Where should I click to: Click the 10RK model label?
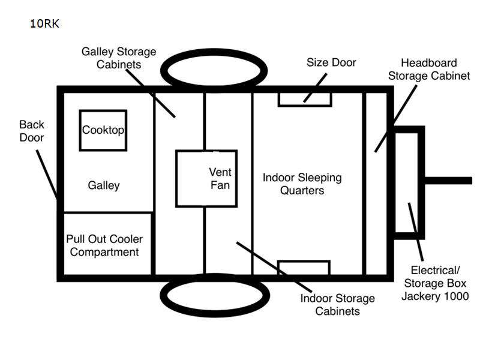point(44,23)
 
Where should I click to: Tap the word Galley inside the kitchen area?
point(104,185)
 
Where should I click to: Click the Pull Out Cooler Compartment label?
point(104,245)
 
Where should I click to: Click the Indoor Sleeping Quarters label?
point(302,184)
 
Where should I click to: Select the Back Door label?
point(32,131)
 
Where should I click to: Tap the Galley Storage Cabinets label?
point(119,58)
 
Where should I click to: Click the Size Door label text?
point(331,62)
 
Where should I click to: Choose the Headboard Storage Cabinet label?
point(429,69)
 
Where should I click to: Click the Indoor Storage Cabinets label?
point(337,305)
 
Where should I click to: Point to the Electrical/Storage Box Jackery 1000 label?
point(435,283)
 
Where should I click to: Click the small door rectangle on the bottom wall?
point(304,262)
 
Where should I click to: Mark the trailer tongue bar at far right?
point(448,181)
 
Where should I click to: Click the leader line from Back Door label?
point(47,175)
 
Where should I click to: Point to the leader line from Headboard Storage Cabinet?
point(396,119)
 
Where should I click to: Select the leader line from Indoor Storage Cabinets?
point(274,267)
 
